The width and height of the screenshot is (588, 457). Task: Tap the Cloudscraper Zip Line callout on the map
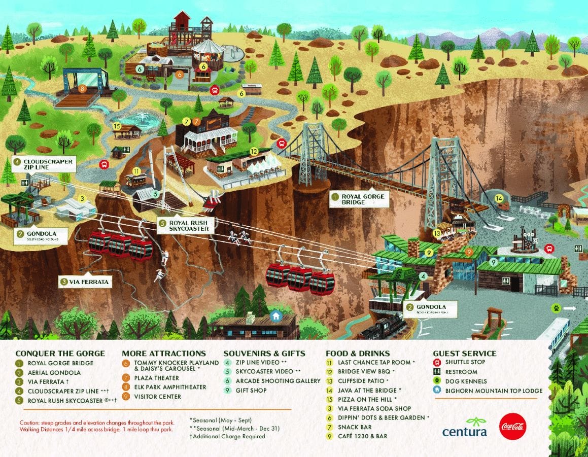tap(44, 164)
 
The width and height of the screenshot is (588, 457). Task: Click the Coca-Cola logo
tap(512, 427)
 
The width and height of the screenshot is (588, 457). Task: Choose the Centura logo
tap(464, 427)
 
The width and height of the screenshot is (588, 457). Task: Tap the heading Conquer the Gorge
tap(60, 354)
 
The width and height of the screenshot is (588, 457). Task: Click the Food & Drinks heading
tap(358, 354)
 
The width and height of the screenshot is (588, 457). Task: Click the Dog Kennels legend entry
tap(465, 381)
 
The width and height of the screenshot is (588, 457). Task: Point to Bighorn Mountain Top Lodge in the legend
tap(494, 391)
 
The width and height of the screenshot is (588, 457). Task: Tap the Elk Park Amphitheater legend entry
tap(170, 387)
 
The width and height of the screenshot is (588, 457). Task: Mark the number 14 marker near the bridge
tap(499, 198)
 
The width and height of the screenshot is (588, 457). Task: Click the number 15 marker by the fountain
tap(117, 126)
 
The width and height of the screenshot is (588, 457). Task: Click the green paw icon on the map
tap(557, 308)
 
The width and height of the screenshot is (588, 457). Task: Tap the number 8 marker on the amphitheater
tap(82, 89)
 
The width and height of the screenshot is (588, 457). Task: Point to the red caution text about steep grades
tap(96, 426)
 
